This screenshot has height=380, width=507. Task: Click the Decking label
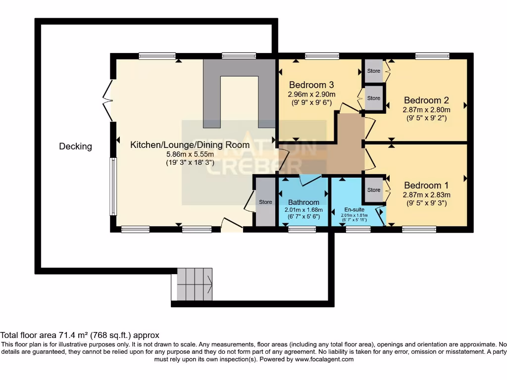(75, 146)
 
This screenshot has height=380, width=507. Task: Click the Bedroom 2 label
(426, 100)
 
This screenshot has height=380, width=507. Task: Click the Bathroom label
(304, 202)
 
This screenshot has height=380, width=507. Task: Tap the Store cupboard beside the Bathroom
(265, 202)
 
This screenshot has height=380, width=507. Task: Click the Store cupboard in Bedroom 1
(374, 190)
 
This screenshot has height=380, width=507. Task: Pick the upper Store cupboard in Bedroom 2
(374, 71)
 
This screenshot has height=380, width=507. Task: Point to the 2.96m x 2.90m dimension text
(311, 94)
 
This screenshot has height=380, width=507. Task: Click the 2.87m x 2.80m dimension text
(426, 110)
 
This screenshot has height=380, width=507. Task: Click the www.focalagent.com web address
(324, 359)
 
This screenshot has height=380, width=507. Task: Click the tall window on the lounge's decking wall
(112, 186)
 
